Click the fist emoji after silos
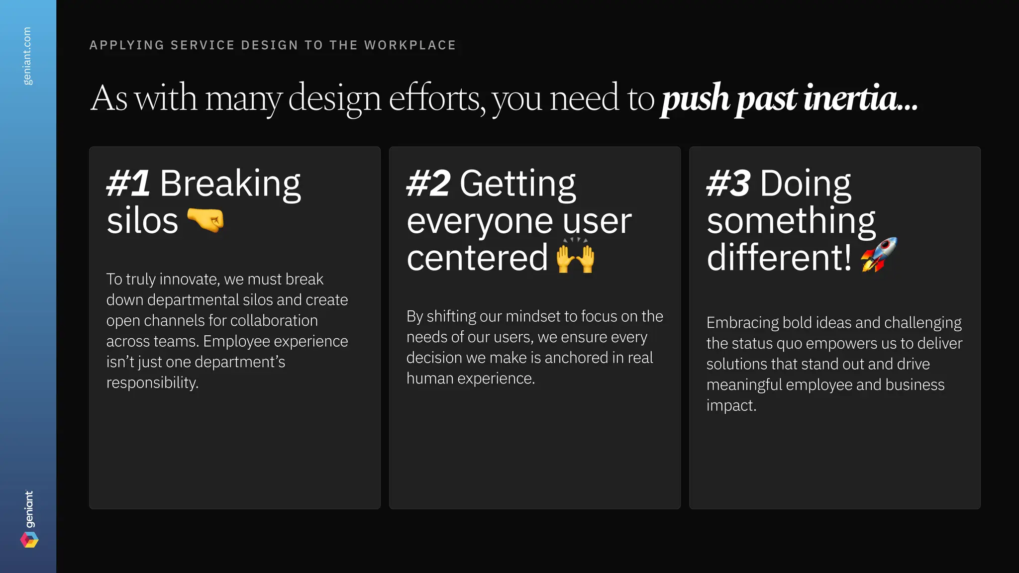[x=205, y=220]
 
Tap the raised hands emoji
[x=575, y=256]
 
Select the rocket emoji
[x=879, y=255]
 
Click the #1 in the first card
[x=128, y=183]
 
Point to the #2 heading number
[x=428, y=183]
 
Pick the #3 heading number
[x=728, y=183]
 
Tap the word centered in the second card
[x=477, y=258]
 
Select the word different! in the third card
[x=779, y=258]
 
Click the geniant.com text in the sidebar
[x=27, y=56]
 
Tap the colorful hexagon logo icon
[x=29, y=540]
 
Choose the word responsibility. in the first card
[x=152, y=382]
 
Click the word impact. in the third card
[x=731, y=405]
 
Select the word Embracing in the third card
[x=742, y=323]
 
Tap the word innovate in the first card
[x=190, y=279]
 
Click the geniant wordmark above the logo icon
[x=29, y=509]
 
